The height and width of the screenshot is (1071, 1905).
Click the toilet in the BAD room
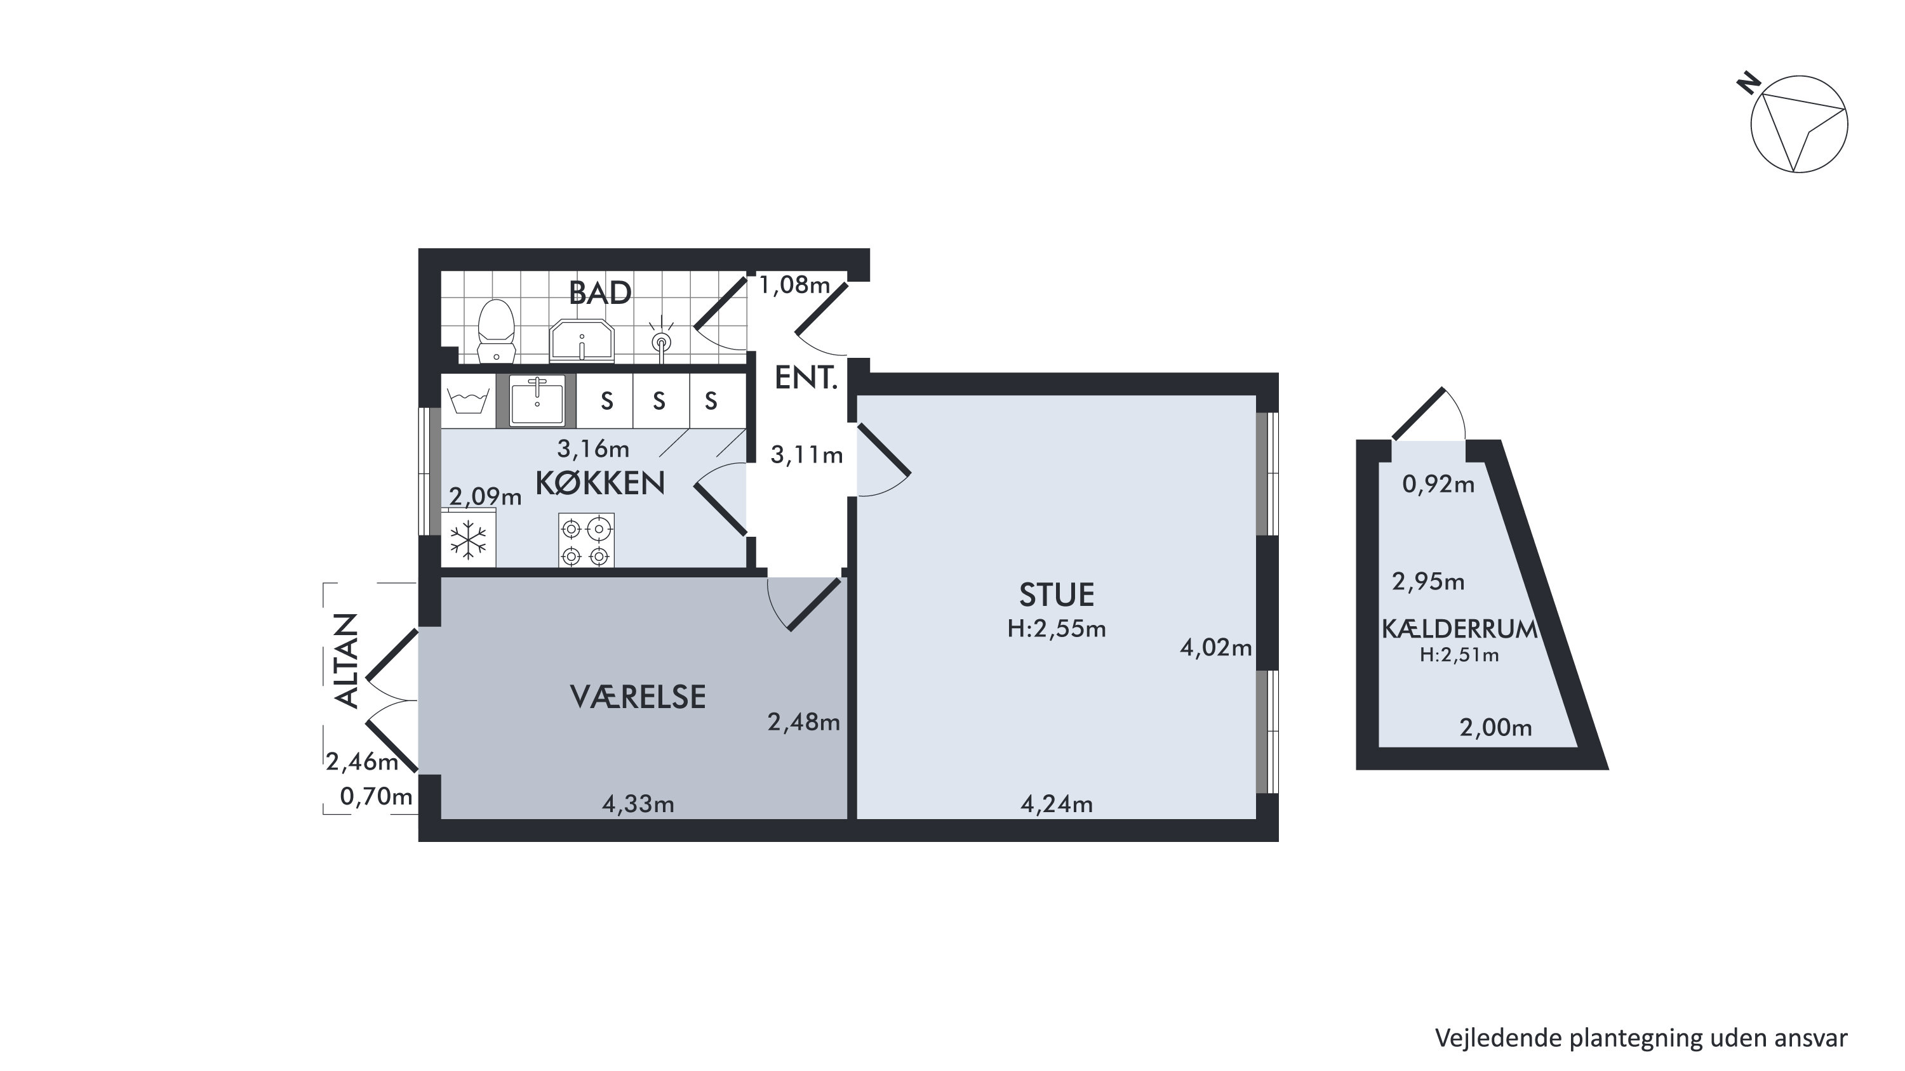click(496, 331)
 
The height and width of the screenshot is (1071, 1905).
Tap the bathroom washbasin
click(582, 341)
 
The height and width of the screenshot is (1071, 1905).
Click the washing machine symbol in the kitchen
click(469, 402)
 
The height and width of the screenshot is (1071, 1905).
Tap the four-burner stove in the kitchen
click(585, 541)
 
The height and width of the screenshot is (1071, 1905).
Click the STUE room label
click(1056, 595)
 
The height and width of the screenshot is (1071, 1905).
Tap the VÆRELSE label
click(638, 697)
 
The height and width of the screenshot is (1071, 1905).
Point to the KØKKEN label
click(599, 483)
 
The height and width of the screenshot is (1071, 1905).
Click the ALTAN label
click(346, 660)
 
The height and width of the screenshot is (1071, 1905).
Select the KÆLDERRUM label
click(1459, 629)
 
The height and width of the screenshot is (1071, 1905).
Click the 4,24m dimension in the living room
click(1056, 804)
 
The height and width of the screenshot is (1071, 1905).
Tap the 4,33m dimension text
click(638, 804)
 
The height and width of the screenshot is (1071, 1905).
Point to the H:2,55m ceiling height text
click(1056, 629)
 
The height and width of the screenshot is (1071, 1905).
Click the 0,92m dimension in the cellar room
click(1438, 485)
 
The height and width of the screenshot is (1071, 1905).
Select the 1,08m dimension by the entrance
click(795, 286)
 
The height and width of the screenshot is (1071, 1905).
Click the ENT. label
click(805, 378)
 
